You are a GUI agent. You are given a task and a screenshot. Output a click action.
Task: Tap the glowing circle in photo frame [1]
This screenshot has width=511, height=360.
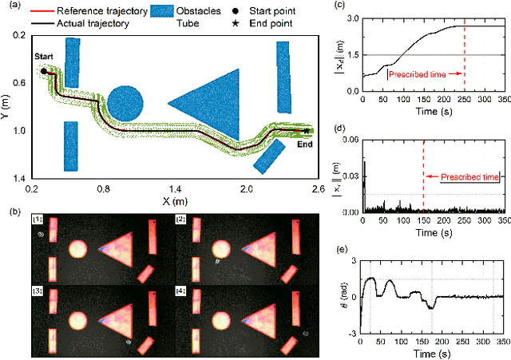click(x=77, y=249)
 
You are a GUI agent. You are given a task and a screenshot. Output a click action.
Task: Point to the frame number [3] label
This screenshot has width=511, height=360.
click(x=37, y=294)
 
